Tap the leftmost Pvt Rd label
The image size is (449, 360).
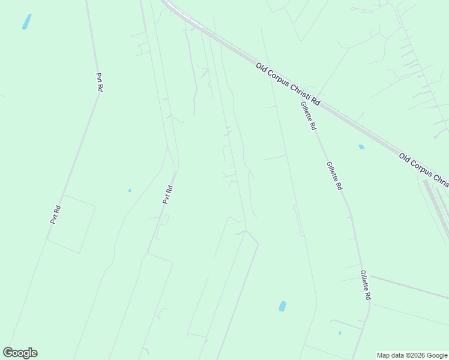56,214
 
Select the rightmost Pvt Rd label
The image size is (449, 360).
168,194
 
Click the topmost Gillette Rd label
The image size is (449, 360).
309,116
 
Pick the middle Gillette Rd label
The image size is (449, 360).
334,176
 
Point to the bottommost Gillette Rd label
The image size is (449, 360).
366,285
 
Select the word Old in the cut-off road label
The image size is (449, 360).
405,158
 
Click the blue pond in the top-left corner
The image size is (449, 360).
26,22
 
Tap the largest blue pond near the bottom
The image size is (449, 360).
282,306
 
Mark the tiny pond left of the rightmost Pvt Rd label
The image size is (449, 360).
130,191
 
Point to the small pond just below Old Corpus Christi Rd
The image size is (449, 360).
361,146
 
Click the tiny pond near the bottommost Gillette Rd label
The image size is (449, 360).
340,332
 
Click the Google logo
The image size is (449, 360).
20,353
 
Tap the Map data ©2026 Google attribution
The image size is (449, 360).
412,355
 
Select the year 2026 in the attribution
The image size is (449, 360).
415,355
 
